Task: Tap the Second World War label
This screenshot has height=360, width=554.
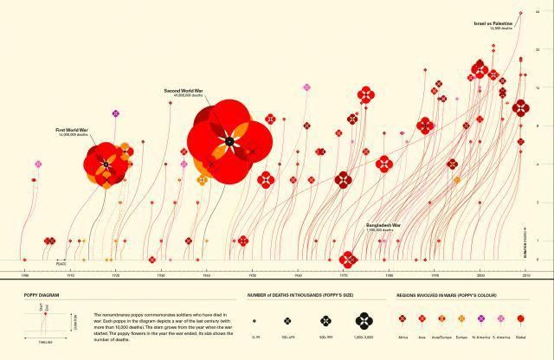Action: coord(184,90)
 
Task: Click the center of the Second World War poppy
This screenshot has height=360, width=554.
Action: coord(229,140)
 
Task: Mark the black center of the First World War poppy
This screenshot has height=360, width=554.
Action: coord(104,162)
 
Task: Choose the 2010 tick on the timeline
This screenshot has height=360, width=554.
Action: coord(525,274)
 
